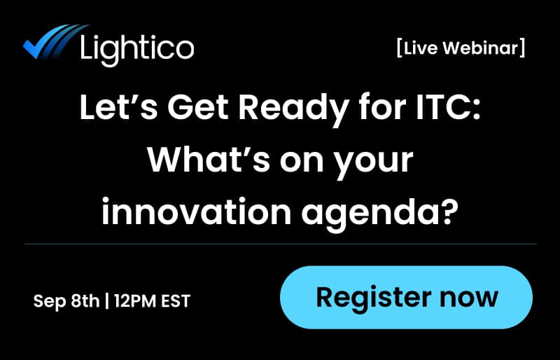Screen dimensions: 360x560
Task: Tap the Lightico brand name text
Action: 137,48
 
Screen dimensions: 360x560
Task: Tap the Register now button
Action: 407,297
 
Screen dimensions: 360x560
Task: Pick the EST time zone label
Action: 176,301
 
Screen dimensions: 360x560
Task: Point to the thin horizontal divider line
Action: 280,244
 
